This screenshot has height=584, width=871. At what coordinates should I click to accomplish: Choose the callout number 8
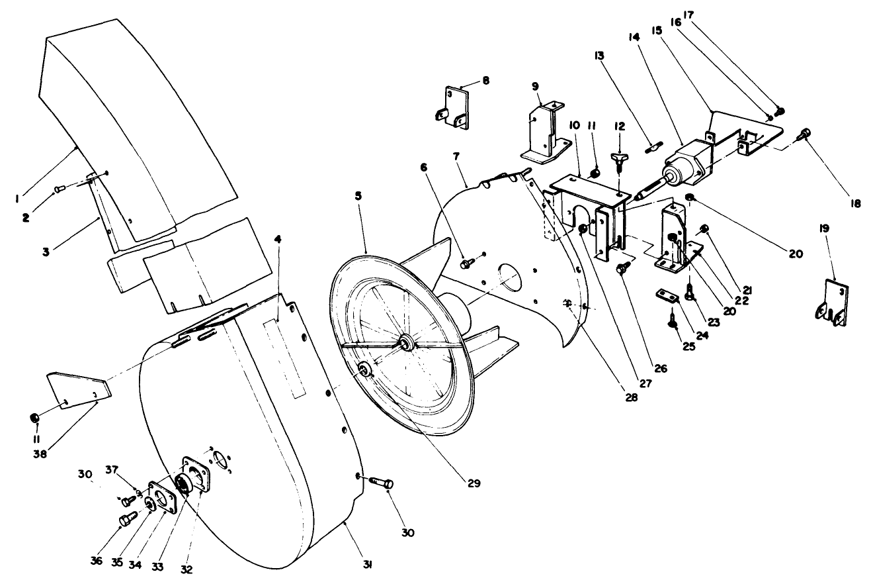(x=486, y=80)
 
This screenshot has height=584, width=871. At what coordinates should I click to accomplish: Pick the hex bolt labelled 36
(x=125, y=520)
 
